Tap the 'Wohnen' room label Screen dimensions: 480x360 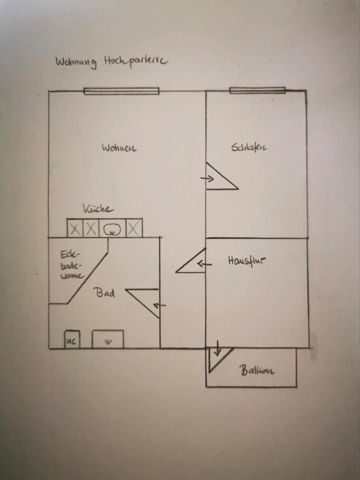(x=119, y=148)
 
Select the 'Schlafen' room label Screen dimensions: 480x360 (x=249, y=147)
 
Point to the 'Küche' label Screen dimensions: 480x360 (x=98, y=209)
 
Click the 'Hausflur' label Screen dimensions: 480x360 (x=246, y=260)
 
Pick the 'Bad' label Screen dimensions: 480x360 (x=105, y=293)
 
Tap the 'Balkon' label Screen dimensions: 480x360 (x=257, y=371)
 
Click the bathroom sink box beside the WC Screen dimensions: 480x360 (x=108, y=339)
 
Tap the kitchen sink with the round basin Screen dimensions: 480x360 (x=112, y=229)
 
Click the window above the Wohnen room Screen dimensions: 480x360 (x=121, y=91)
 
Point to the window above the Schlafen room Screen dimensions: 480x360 (x=257, y=90)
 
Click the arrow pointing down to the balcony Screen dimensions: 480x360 (x=217, y=349)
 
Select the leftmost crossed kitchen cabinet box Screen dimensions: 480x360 (x=74, y=229)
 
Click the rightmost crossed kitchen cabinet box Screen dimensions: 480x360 (x=133, y=229)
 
